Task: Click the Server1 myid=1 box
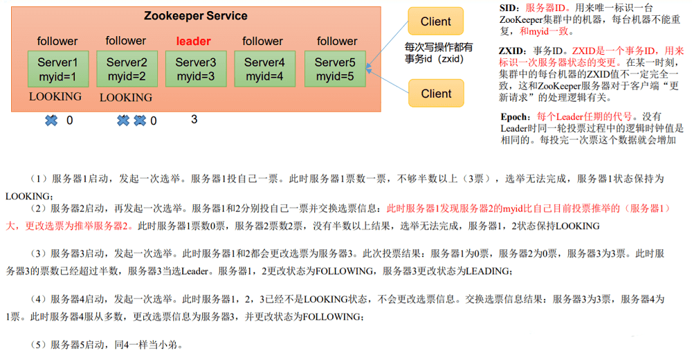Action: (58, 69)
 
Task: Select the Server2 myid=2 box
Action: (127, 69)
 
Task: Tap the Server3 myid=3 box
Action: (196, 69)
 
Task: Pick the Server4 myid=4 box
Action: (265, 69)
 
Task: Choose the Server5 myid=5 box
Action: (335, 69)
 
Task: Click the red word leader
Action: (193, 41)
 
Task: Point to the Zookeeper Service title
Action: (196, 16)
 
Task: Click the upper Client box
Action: (435, 21)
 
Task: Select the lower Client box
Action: (436, 93)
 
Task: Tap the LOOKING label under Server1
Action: (55, 96)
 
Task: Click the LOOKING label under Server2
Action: (126, 97)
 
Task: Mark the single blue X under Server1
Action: (51, 120)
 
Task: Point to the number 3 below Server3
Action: (194, 119)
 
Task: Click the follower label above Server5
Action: (337, 41)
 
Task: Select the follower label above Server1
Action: (57, 41)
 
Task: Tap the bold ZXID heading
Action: (512, 51)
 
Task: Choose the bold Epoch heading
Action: (515, 116)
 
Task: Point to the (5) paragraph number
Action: (38, 345)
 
